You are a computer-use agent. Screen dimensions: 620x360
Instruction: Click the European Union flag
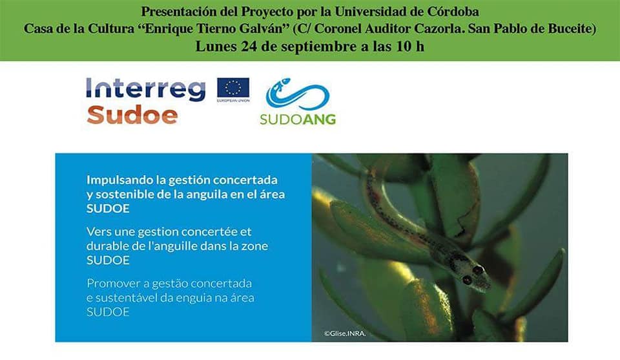(233, 88)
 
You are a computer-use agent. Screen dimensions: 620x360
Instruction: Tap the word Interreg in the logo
(146, 89)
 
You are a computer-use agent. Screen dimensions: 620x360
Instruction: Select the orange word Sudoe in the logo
(132, 115)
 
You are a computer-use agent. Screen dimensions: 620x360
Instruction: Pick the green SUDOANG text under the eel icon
(298, 119)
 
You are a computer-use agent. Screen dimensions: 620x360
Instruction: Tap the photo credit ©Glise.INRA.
(345, 334)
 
